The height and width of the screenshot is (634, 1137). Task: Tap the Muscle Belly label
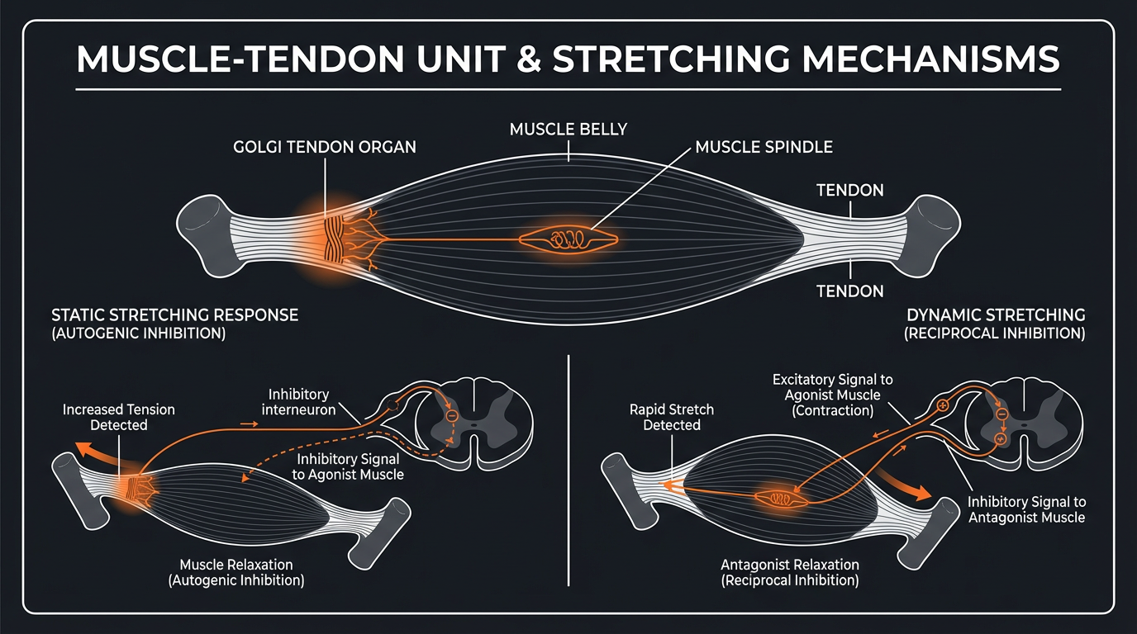pos(568,129)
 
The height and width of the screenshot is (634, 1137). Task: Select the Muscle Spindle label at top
pos(764,147)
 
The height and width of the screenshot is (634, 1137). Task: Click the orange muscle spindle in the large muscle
pos(567,239)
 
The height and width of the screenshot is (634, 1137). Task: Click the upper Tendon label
pos(849,191)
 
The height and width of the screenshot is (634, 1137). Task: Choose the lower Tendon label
pos(849,291)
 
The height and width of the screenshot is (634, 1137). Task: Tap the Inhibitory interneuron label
pos(299,402)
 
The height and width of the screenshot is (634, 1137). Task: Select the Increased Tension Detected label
pos(118,417)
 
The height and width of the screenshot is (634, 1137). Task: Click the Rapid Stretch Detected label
pos(671,417)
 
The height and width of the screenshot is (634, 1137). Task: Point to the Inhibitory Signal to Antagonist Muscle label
pos(1026,509)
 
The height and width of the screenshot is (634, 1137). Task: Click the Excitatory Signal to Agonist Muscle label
pos(832,395)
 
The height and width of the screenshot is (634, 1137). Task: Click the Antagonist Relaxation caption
pos(789,572)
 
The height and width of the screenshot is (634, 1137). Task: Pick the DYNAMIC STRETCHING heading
pos(995,315)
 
